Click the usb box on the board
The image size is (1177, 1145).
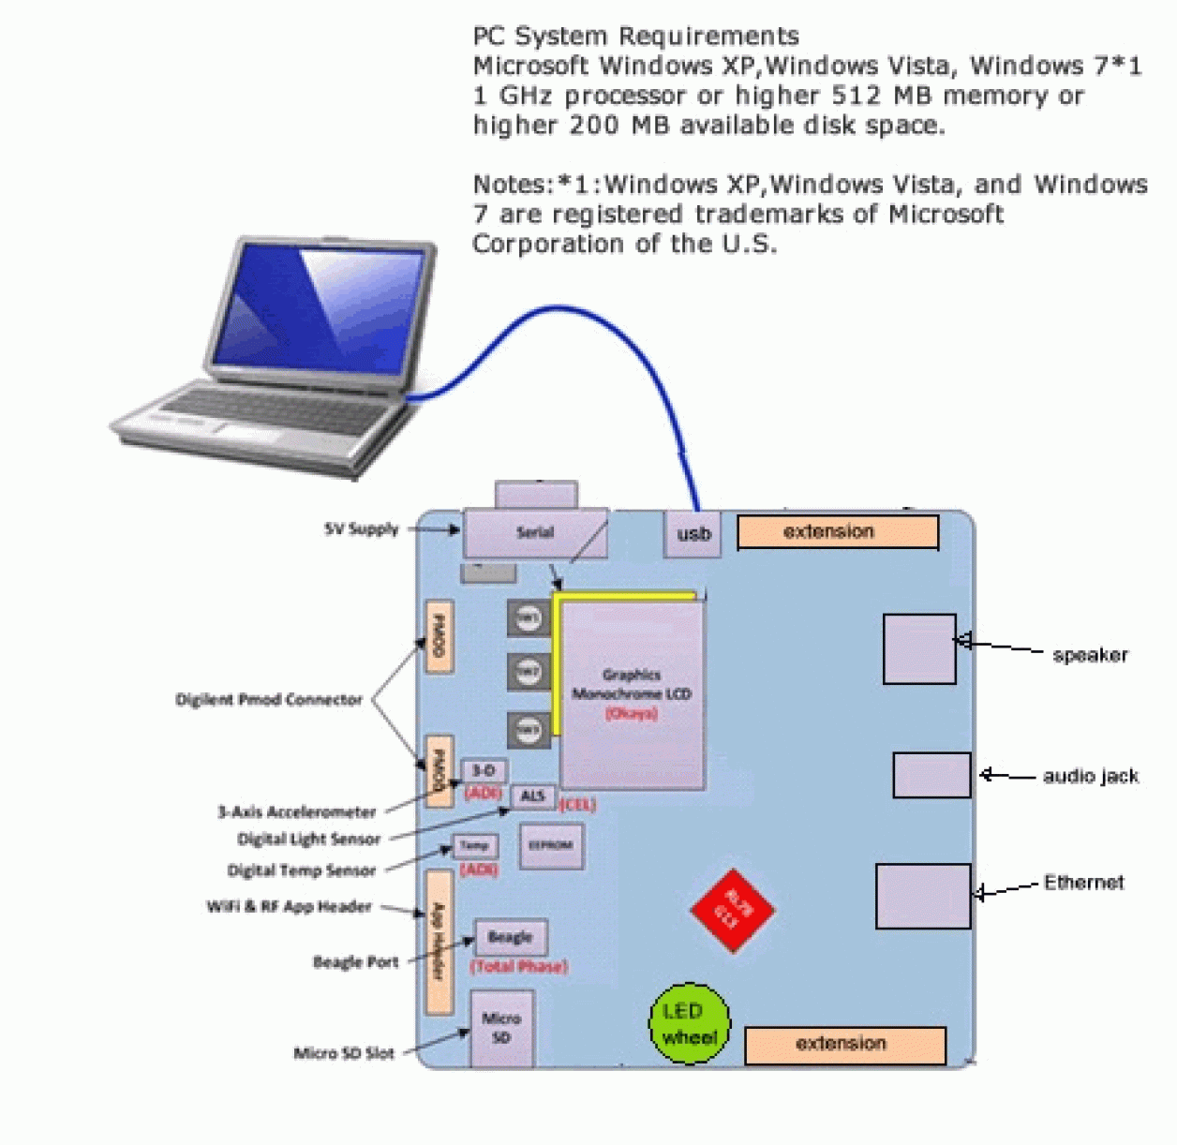tap(693, 534)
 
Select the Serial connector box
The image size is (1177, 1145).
tap(535, 533)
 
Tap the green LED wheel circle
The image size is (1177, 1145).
tap(690, 1024)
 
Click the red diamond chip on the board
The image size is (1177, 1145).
tap(733, 910)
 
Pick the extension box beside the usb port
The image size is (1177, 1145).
tap(837, 532)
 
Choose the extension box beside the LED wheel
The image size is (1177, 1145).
tap(844, 1045)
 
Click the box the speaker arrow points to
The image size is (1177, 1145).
tap(919, 649)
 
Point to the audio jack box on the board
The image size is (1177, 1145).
tap(931, 775)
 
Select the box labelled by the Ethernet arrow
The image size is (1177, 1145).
tap(923, 897)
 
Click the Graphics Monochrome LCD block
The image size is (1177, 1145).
tap(633, 694)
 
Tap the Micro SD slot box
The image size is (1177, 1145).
tap(501, 1029)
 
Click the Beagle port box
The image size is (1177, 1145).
tap(511, 938)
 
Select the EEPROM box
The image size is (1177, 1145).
tap(551, 846)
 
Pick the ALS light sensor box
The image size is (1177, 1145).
tap(532, 796)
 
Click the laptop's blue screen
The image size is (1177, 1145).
tap(319, 308)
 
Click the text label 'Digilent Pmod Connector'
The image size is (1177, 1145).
tap(269, 700)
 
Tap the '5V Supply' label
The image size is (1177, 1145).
tap(362, 529)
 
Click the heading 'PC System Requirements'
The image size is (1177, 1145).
tap(635, 37)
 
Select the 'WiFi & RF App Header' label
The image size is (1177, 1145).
tap(289, 907)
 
